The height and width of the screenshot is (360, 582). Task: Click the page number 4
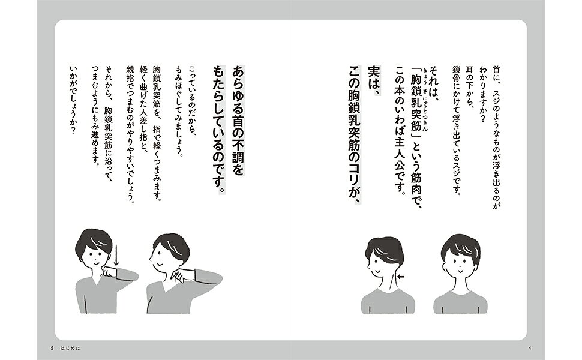point(530,348)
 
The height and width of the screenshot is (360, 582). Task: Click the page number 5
point(52,348)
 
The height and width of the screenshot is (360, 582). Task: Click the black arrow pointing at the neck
point(401,277)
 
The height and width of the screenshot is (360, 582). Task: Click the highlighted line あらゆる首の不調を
point(238,120)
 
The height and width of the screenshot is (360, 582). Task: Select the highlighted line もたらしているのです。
point(218,130)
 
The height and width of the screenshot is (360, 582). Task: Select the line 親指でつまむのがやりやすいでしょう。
point(130,135)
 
